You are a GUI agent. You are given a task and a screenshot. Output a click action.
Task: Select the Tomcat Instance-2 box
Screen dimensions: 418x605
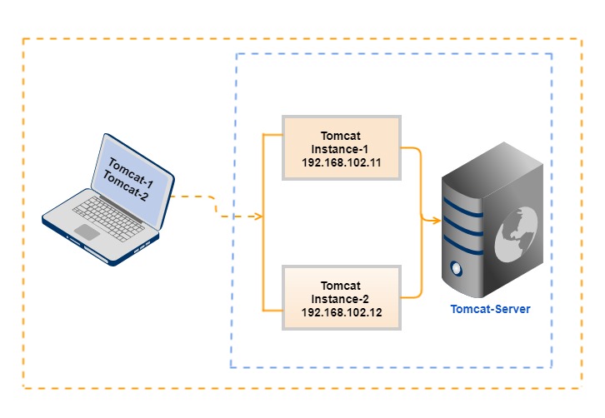tap(342, 297)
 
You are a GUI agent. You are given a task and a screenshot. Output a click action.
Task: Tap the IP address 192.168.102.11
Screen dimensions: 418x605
tap(342, 163)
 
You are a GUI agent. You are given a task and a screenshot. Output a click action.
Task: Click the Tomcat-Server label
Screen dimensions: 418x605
tap(490, 309)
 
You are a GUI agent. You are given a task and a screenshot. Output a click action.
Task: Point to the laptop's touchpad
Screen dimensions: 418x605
tap(87, 231)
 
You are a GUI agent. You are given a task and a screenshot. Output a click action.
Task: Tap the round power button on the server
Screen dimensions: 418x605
tap(455, 269)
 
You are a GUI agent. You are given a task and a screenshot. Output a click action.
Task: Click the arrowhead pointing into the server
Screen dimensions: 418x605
tap(436, 221)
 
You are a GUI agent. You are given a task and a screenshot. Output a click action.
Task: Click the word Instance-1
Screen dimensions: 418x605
tap(342, 148)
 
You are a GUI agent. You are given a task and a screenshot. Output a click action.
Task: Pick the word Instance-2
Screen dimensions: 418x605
tap(342, 298)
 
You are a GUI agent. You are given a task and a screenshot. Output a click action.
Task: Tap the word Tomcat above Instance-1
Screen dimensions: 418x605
tap(342, 135)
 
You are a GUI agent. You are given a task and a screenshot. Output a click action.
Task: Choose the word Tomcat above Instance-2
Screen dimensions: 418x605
tap(342, 285)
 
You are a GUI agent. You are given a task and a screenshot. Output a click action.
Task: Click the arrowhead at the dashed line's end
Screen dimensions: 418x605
tap(259, 217)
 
